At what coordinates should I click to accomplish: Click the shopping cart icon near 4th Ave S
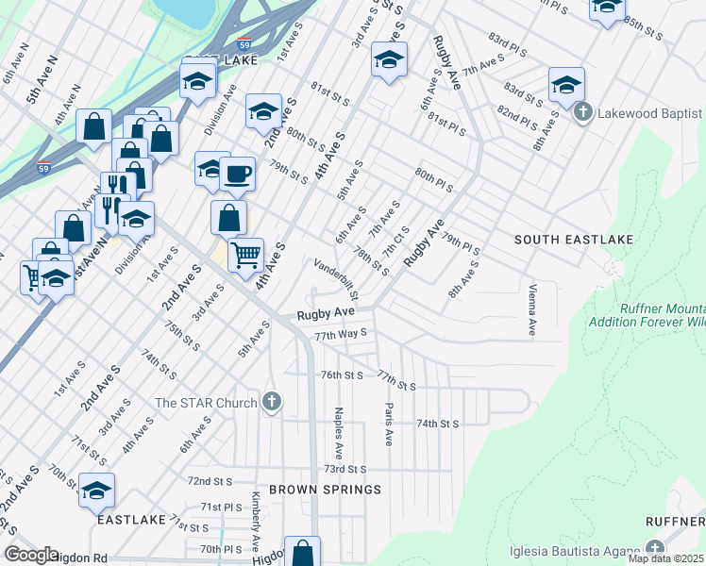245,253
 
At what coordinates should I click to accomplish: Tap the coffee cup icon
238,174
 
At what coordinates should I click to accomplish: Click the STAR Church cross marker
272,403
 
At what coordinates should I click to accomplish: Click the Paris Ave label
388,424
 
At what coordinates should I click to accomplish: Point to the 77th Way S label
340,334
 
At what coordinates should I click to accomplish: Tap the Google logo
31,555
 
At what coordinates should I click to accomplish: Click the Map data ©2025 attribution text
665,558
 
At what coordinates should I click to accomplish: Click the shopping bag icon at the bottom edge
303,552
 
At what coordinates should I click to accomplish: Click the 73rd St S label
345,469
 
